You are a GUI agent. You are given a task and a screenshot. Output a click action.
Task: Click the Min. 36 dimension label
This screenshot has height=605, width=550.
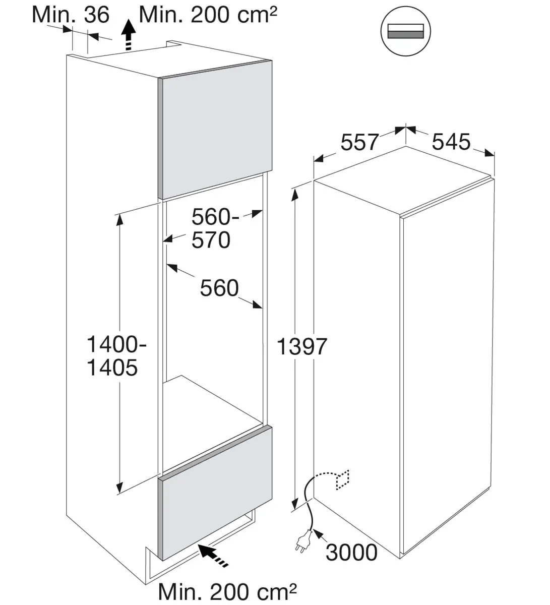(x=71, y=15)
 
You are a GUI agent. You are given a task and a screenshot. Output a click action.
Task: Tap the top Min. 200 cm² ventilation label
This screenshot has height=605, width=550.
(x=208, y=15)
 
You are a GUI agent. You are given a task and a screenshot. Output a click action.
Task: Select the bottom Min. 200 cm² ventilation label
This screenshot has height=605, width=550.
(x=227, y=592)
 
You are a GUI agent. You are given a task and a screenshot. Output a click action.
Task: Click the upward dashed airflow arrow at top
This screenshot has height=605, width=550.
(x=129, y=35)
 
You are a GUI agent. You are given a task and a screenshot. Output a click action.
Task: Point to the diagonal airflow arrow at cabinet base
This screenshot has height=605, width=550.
(x=213, y=556)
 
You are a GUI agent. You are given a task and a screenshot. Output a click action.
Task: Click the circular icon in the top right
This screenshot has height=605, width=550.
(x=405, y=31)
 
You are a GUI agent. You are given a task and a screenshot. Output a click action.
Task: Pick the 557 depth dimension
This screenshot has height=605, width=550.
(x=359, y=142)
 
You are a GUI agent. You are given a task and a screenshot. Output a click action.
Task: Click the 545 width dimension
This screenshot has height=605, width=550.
(x=451, y=142)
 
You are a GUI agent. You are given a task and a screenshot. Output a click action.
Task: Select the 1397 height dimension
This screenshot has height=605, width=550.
(x=301, y=346)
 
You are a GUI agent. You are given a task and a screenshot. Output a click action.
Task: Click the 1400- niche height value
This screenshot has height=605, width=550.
(x=116, y=344)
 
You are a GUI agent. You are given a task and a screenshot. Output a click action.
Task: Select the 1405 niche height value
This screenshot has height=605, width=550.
(x=112, y=368)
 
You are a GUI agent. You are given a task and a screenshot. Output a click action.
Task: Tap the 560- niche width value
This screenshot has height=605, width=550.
(x=215, y=217)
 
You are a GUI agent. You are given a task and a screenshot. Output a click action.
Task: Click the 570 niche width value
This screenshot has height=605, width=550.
(x=211, y=240)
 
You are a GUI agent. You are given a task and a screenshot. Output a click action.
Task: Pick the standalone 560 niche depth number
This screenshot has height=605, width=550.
(x=219, y=288)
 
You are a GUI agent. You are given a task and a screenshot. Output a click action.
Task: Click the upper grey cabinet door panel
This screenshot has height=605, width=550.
(x=215, y=130)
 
